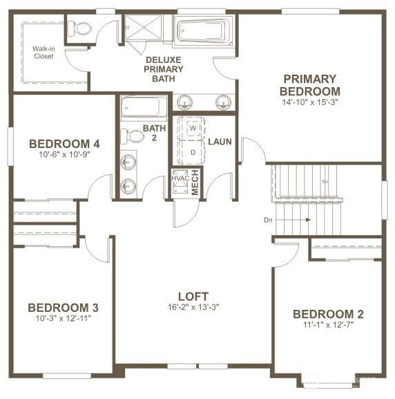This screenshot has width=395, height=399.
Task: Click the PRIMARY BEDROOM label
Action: tap(309, 85)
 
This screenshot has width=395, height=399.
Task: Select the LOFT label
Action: tap(193, 296)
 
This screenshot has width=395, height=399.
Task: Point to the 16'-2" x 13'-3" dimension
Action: tap(193, 307)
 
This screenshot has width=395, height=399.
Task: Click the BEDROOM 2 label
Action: tap(328, 314)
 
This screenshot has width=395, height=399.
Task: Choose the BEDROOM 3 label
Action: tap(63, 307)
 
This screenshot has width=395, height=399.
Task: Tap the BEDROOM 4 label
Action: tap(64, 144)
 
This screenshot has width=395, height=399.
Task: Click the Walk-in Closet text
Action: tap(44, 52)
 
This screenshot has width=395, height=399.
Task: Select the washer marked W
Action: tap(193, 129)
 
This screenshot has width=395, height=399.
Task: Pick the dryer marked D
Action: tap(193, 151)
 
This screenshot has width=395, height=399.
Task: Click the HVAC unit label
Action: tap(180, 178)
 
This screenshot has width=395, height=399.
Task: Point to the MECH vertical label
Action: tap(195, 183)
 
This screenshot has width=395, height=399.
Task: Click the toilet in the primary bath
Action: tap(82, 29)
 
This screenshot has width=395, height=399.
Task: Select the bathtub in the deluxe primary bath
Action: tap(202, 31)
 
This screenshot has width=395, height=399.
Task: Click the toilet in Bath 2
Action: tap(129, 136)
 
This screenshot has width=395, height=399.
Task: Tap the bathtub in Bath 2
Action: tap(144, 107)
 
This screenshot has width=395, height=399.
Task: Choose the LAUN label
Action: tap(220, 142)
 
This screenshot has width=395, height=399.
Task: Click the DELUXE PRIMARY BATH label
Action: tap(164, 69)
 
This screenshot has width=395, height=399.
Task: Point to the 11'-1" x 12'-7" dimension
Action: tap(328, 324)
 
